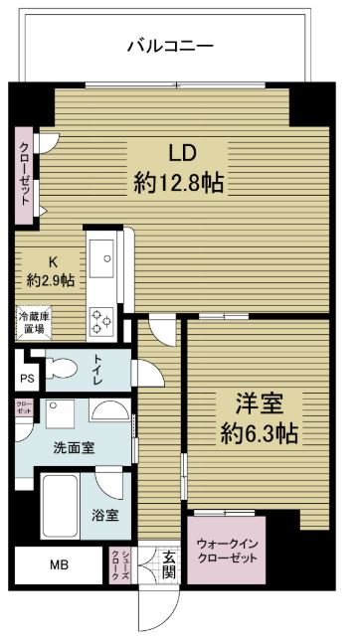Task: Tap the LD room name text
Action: [x=178, y=154]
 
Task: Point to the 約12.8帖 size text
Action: [x=178, y=182]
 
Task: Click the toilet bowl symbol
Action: [x=63, y=369]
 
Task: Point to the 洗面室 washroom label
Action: [x=74, y=448]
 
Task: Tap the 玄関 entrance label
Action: [x=169, y=564]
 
